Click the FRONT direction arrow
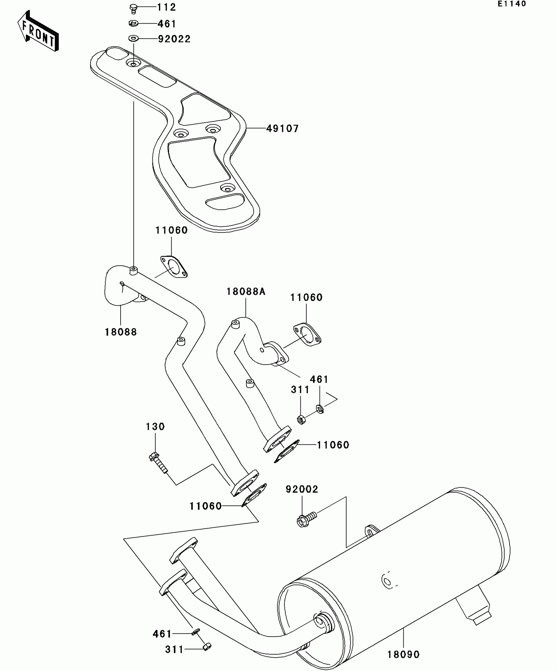[38, 31]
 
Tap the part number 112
[166, 7]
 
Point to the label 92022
[174, 39]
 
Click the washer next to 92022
[133, 39]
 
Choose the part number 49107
[282, 129]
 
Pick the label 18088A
[246, 292]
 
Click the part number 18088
[121, 332]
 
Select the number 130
[155, 427]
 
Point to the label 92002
[302, 489]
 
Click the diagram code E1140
[512, 4]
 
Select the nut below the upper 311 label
[302, 419]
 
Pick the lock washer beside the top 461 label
[133, 24]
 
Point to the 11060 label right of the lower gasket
[333, 445]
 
